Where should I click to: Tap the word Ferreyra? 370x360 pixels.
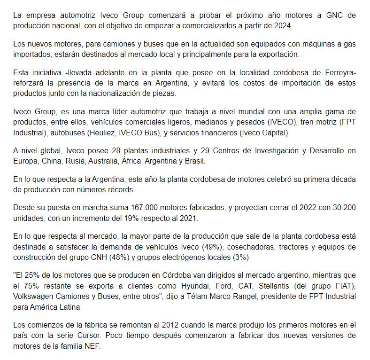(337, 72)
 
